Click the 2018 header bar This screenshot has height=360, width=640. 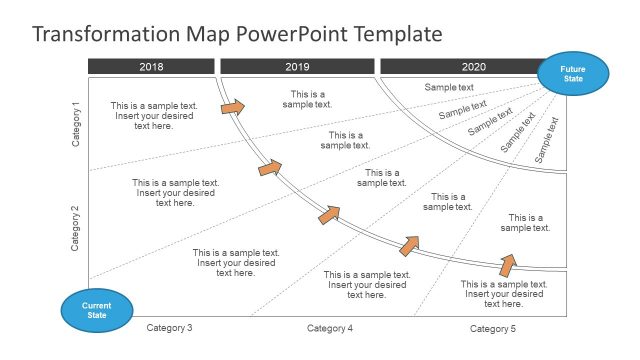tap(151, 67)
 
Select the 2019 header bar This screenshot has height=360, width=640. tap(297, 67)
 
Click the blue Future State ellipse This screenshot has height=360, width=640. tap(572, 74)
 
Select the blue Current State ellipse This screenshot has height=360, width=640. tap(96, 310)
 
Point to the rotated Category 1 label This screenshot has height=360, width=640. tap(76, 124)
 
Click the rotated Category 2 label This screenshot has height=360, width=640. tap(76, 228)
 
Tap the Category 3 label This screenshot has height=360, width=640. tap(169, 328)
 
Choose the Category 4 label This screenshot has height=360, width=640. tap(330, 328)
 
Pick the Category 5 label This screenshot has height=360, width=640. tap(493, 328)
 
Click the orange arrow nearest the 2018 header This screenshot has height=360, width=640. tap(232, 105)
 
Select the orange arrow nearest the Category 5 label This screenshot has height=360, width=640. tap(508, 264)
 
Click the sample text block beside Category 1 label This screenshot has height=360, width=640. tap(154, 116)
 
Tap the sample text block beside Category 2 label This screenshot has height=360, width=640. tap(175, 193)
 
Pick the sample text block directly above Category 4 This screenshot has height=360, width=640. tap(367, 285)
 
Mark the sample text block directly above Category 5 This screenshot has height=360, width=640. tap(504, 294)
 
